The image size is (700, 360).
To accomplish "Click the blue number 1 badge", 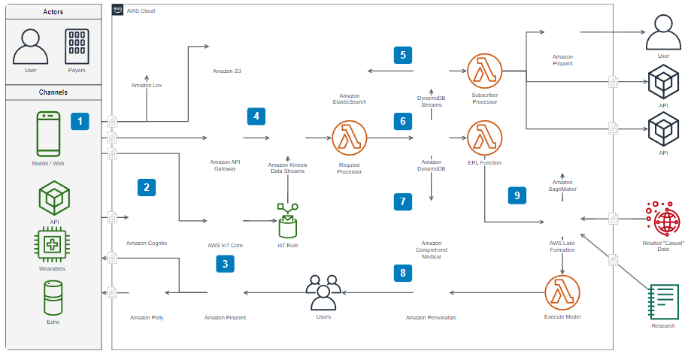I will tap(80, 120).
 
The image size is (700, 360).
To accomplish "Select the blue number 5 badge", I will tap(403, 55).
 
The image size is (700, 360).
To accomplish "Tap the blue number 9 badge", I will tap(517, 195).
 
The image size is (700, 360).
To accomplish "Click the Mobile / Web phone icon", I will tap(48, 134).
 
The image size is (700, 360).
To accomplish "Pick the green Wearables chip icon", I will tap(52, 245).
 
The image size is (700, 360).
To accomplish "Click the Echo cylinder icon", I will tap(53, 298).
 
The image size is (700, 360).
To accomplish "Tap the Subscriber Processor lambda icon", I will tap(484, 71).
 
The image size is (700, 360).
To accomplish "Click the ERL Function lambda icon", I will tap(484, 138).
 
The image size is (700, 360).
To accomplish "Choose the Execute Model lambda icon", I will tap(563, 292).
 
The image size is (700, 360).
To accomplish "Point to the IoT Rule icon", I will tap(287, 222).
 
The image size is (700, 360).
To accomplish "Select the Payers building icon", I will tap(77, 47).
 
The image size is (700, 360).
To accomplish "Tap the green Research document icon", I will tap(664, 302).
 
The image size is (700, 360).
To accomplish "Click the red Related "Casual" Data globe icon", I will tap(665, 219).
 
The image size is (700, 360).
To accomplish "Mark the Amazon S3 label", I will tap(226, 71).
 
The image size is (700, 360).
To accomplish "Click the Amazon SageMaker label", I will tap(562, 185).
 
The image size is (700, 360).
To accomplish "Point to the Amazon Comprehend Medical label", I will tap(431, 250).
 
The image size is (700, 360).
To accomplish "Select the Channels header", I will tap(53, 92).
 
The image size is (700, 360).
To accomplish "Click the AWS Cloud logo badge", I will tap(118, 10).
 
